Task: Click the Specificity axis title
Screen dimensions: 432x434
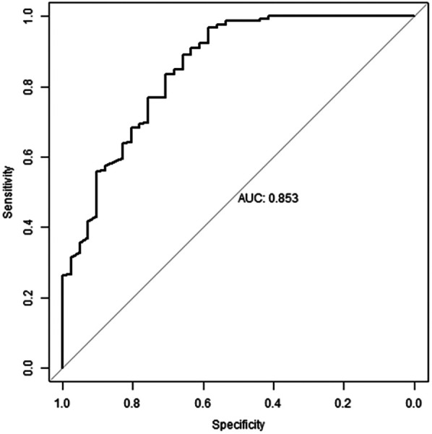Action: click(x=238, y=425)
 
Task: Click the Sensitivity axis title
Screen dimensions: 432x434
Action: click(x=8, y=192)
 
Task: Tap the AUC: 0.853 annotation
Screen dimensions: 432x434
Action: click(x=268, y=199)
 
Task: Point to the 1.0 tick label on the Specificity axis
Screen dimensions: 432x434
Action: click(x=63, y=404)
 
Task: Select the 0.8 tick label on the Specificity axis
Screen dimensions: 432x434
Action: click(x=133, y=404)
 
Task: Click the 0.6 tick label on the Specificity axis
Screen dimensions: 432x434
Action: click(x=203, y=404)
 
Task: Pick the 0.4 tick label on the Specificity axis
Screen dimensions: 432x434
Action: click(x=273, y=404)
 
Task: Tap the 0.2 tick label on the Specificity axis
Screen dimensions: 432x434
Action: click(x=343, y=404)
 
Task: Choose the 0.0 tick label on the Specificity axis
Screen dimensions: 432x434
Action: click(x=414, y=404)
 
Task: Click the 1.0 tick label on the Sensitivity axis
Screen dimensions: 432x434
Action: click(x=28, y=17)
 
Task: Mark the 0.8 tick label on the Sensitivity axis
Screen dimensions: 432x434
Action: click(x=28, y=87)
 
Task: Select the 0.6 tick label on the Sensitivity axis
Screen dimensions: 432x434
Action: click(x=28, y=157)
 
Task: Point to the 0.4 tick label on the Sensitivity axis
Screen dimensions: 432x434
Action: click(x=28, y=227)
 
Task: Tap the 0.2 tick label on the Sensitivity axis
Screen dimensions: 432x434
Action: click(x=28, y=298)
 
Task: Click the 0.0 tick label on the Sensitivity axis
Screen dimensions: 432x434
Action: click(x=28, y=368)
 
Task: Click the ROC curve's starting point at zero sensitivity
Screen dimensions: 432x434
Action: click(x=63, y=368)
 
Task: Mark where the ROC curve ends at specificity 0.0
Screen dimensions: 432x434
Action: click(x=414, y=16)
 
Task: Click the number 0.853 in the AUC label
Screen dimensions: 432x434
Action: click(x=284, y=199)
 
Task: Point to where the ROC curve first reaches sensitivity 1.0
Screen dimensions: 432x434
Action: click(x=269, y=16)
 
